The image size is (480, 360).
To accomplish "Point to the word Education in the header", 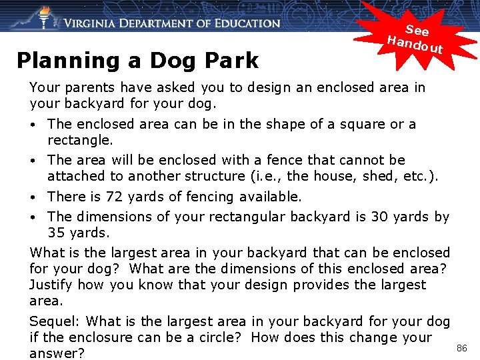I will (x=243, y=23).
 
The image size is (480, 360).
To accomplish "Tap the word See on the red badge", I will (x=417, y=30).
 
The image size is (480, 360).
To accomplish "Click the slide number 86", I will (x=462, y=347).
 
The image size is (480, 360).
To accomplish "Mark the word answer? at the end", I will (x=57, y=353).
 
